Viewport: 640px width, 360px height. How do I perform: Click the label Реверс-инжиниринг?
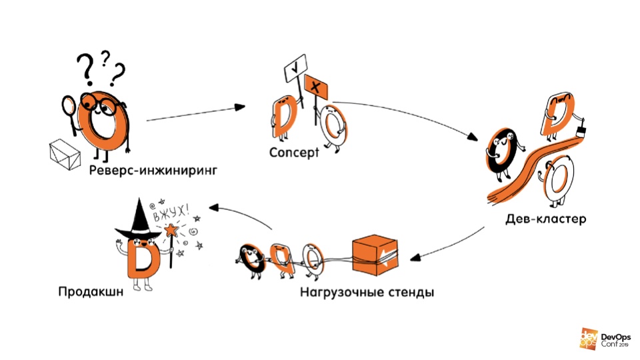coord(153,170)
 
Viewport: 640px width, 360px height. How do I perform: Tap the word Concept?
coord(294,153)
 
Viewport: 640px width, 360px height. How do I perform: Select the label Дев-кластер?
coord(546,219)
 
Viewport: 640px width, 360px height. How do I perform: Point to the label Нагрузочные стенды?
coord(367,293)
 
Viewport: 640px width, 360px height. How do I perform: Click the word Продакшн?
coord(91,291)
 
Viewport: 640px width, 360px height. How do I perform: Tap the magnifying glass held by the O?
coord(69,113)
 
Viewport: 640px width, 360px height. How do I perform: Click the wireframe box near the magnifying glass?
coord(65,154)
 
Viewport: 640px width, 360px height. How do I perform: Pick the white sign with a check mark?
coord(295,68)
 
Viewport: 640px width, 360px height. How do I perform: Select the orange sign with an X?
coord(315,87)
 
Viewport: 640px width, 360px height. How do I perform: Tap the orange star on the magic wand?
coord(171,230)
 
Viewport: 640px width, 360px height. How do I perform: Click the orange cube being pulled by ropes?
coord(375,255)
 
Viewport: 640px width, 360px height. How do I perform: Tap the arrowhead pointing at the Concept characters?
coord(239,107)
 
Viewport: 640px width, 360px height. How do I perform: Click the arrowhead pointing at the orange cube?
coord(415,257)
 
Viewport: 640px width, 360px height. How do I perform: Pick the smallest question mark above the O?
coord(106,58)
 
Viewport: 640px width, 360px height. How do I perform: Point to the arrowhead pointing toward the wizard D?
coord(215,207)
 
